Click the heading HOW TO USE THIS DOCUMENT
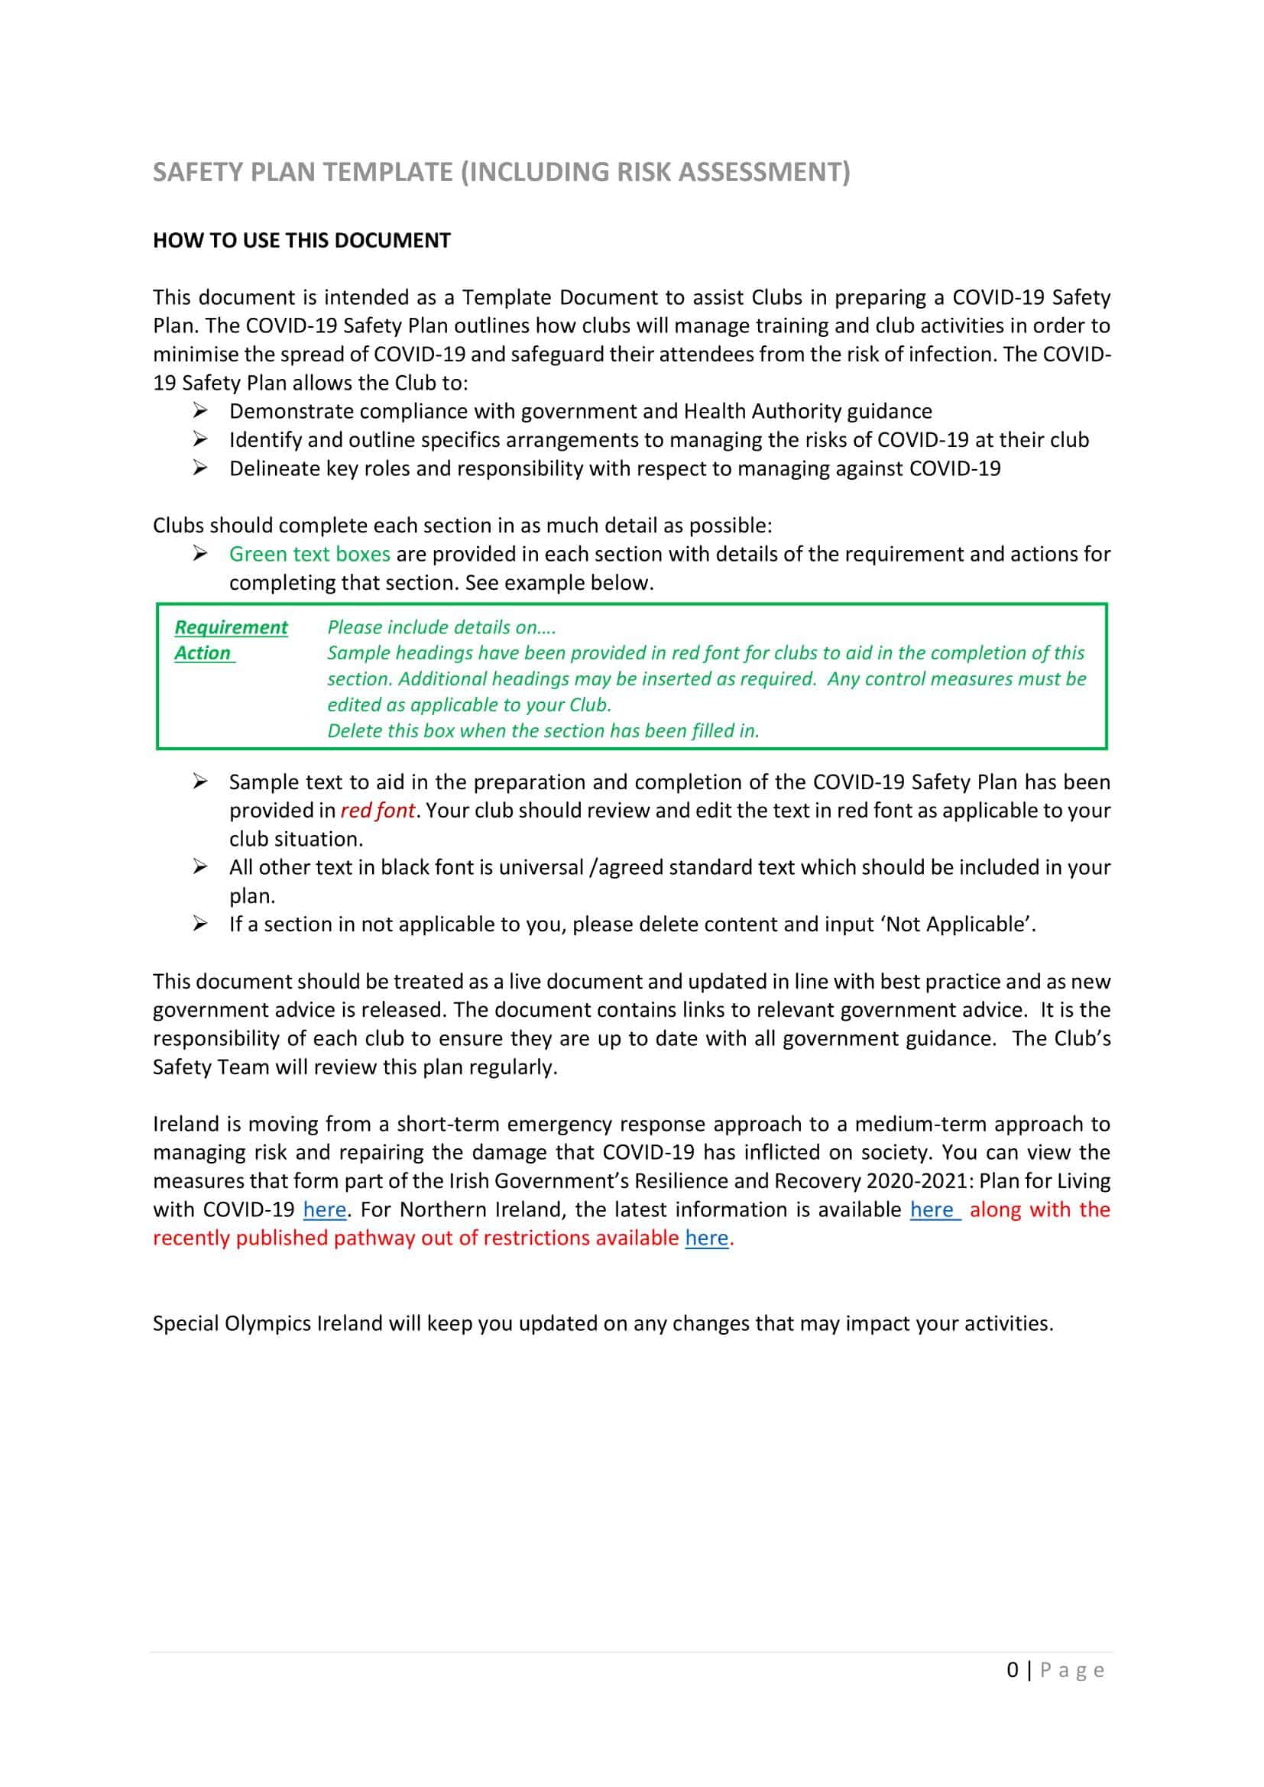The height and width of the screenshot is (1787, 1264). click(301, 241)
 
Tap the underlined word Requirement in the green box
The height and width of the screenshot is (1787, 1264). click(230, 627)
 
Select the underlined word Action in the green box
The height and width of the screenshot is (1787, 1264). click(203, 653)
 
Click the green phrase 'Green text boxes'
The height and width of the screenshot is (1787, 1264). click(309, 554)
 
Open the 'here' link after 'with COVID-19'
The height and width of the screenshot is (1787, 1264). click(325, 1209)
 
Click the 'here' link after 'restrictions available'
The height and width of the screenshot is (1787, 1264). click(706, 1238)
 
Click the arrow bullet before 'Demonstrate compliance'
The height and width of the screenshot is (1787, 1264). click(200, 410)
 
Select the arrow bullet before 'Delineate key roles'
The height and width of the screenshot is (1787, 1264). click(200, 468)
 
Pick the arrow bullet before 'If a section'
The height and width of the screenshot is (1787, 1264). click(200, 924)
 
